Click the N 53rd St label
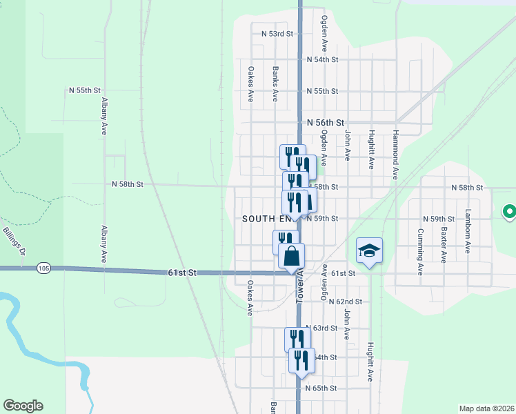coord(277,33)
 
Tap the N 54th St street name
coord(323,60)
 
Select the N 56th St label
coord(326,122)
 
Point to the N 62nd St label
coord(346,302)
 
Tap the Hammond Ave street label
coord(396,154)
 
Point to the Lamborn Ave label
coord(468,232)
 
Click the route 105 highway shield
coord(44,267)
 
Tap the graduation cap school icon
coord(370,250)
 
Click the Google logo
coord(23,406)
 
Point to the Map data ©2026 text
coord(486,408)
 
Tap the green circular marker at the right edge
coord(510,211)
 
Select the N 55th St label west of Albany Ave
coord(86,90)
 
